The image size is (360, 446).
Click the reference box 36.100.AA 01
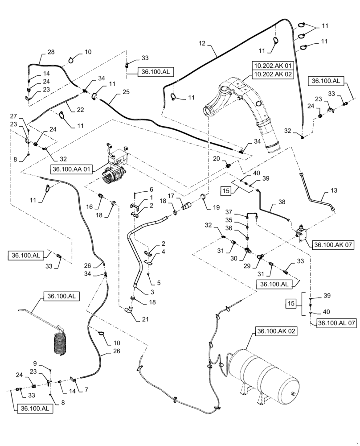(x=74, y=169)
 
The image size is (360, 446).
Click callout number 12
(x=203, y=43)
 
